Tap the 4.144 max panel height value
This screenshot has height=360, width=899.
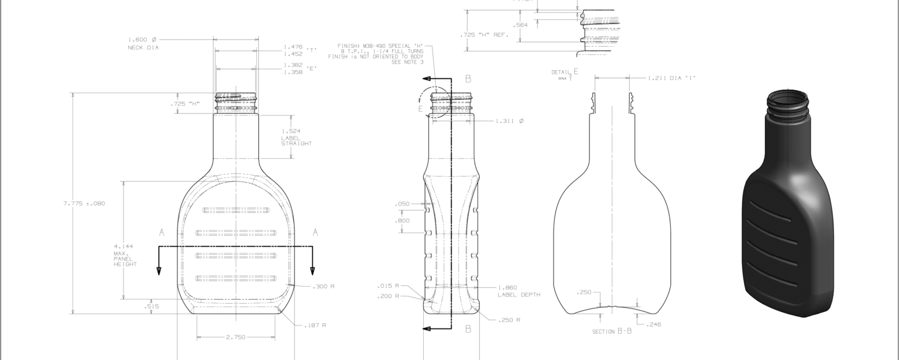tap(123, 246)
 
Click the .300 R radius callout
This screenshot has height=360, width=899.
tap(323, 286)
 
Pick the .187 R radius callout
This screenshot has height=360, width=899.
tap(315, 325)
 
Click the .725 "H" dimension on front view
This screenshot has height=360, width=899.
tap(185, 104)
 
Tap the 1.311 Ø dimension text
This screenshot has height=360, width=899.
tap(509, 121)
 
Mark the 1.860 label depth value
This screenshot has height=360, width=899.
tap(507, 287)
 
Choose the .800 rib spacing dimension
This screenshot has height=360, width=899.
tap(402, 221)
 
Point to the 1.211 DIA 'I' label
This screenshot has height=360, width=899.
tap(671, 78)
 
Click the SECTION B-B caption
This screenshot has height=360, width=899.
tap(612, 331)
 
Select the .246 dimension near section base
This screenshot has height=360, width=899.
tap(654, 324)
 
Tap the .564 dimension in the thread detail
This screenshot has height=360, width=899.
tap(520, 25)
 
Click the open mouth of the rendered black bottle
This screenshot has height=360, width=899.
tap(788, 100)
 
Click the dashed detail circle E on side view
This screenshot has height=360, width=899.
tap(434, 102)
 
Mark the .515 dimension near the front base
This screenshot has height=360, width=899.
tap(151, 306)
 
